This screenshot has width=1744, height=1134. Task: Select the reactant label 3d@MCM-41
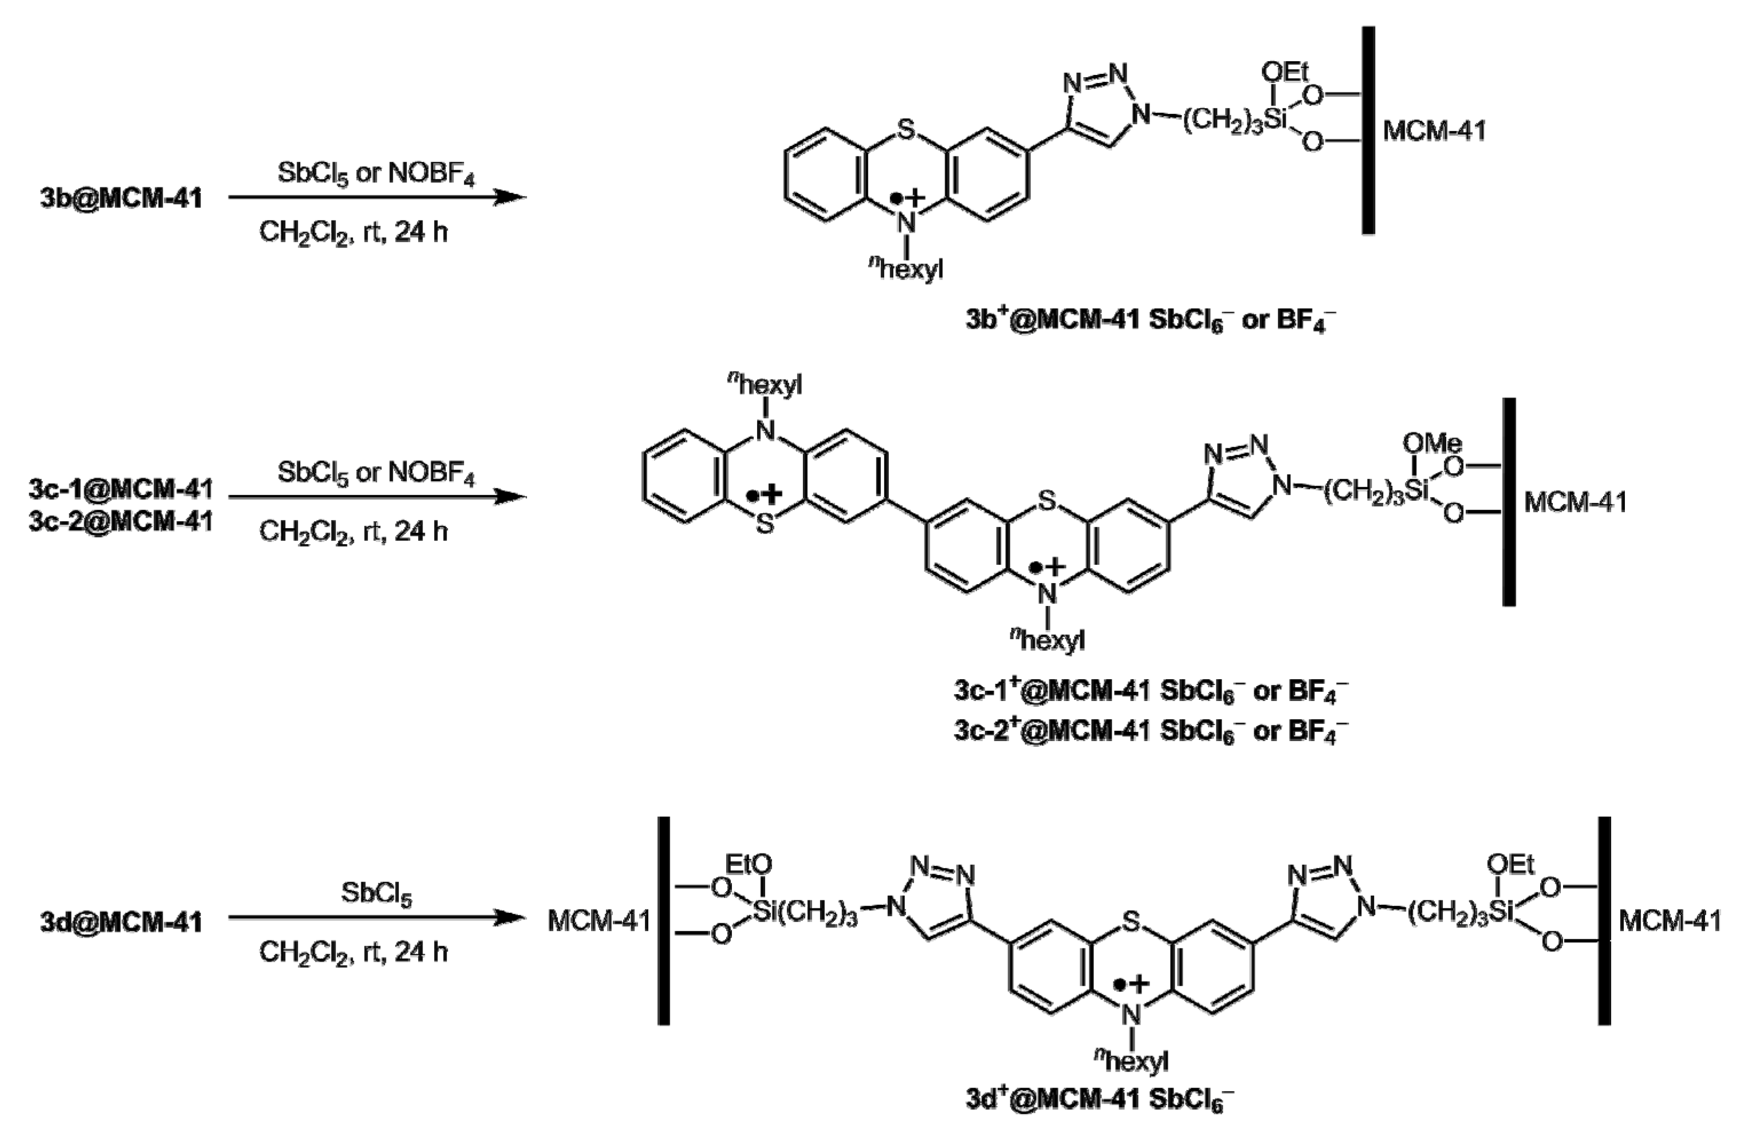click(121, 922)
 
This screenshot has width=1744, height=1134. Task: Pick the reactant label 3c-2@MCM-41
click(121, 522)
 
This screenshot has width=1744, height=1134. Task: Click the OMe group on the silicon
click(1432, 443)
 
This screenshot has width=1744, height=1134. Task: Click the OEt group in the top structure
click(1285, 73)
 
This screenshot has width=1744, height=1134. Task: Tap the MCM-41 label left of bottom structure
click(599, 921)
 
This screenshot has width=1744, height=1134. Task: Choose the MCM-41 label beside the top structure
click(1434, 131)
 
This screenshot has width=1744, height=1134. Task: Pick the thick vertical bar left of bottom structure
click(663, 921)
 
